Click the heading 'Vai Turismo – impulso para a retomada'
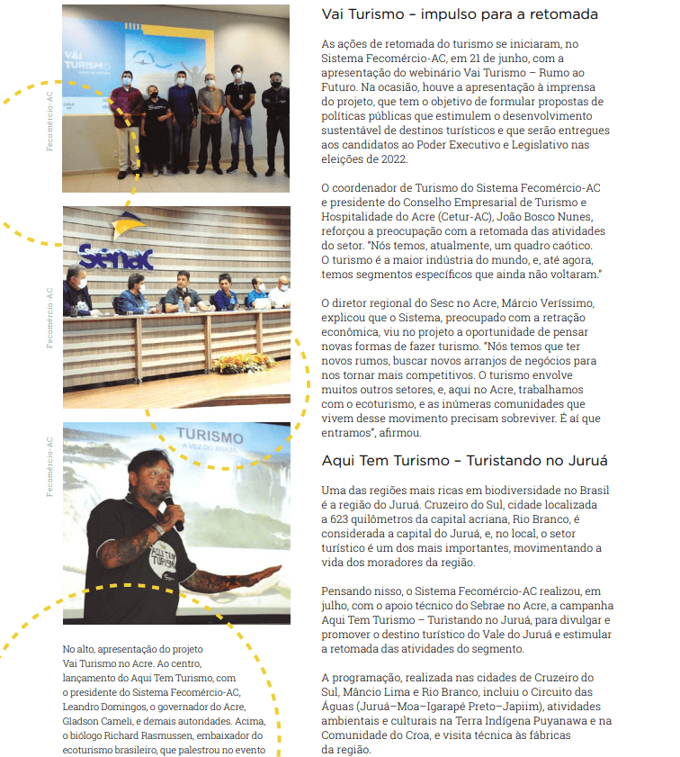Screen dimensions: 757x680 click(x=460, y=15)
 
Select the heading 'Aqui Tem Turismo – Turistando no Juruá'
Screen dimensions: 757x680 click(x=464, y=461)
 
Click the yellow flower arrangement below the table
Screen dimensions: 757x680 click(x=243, y=363)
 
